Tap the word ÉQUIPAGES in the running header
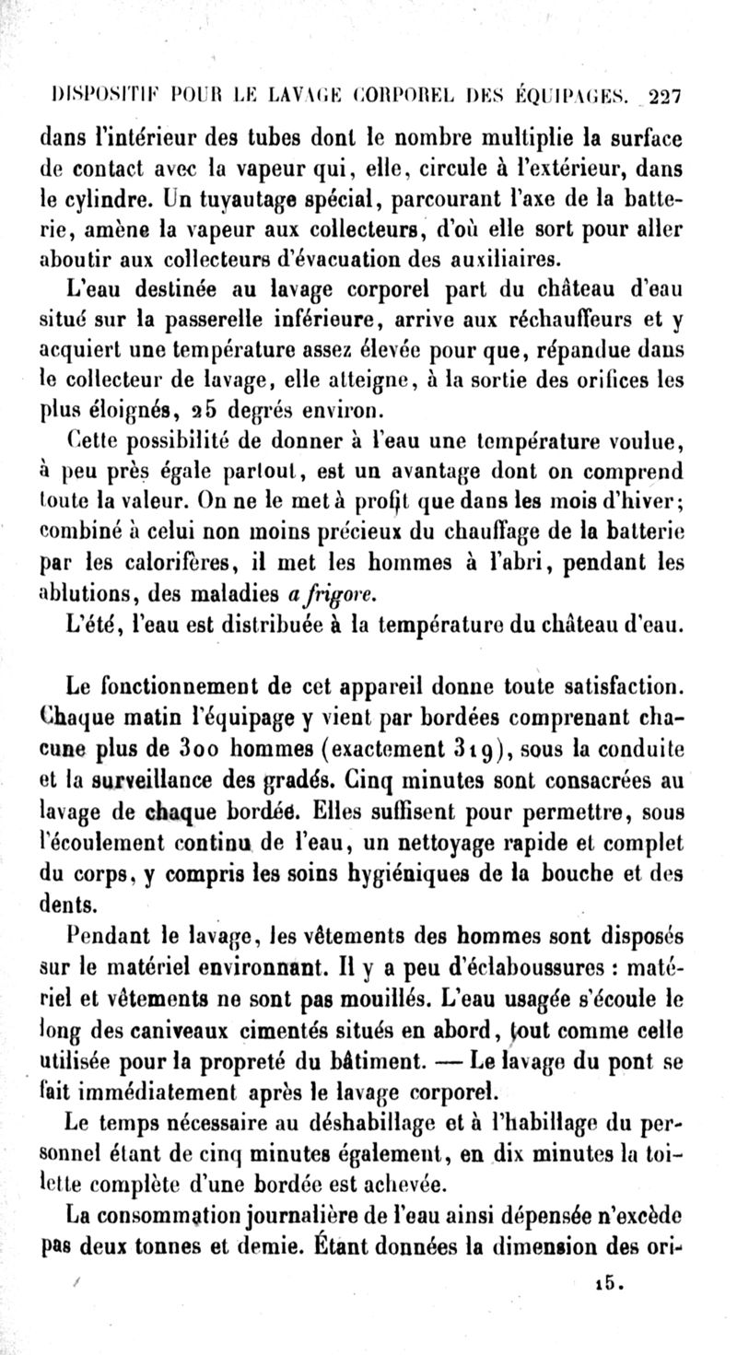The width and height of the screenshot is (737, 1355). (x=573, y=94)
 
